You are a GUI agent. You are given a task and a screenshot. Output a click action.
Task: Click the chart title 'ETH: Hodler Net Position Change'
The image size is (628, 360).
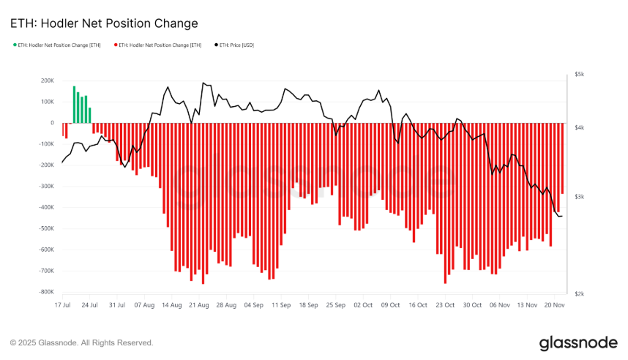click(104, 23)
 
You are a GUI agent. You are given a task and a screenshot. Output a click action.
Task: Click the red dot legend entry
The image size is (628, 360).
click(158, 45)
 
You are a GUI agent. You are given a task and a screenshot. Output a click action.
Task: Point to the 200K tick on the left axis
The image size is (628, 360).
click(48, 80)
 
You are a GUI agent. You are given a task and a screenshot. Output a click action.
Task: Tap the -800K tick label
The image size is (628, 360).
click(45, 292)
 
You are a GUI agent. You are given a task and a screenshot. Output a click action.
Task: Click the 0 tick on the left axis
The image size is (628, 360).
click(52, 123)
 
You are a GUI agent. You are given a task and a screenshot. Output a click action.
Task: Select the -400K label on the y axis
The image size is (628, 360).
click(45, 207)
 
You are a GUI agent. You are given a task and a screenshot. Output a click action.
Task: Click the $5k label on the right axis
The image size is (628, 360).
click(578, 74)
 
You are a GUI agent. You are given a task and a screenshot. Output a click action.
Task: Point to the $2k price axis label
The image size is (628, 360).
click(578, 293)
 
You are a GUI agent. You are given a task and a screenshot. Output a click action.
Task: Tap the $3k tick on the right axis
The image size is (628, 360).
click(578, 197)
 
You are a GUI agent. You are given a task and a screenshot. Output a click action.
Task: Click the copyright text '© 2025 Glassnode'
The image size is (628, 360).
click(81, 342)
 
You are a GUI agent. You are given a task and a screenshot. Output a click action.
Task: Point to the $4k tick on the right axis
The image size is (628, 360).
click(578, 128)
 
